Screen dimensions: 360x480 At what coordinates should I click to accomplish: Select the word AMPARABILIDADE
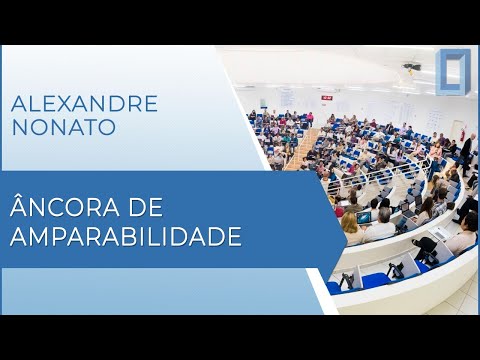[x=126, y=238]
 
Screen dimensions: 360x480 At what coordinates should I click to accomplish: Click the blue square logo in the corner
[x=452, y=72]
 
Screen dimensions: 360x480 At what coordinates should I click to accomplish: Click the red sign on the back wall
[x=326, y=97]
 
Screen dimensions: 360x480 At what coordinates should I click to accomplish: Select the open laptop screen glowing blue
[x=365, y=217]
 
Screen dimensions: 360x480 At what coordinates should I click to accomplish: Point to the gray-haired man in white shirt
[x=382, y=225]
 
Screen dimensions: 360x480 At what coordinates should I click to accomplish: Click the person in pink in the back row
[x=310, y=117]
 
